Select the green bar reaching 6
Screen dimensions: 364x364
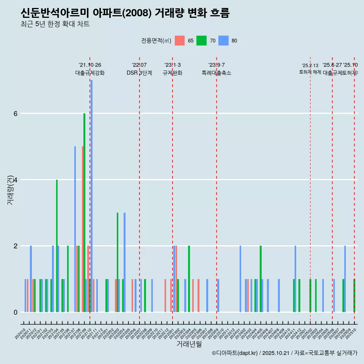pyautogui.click(x=85, y=212)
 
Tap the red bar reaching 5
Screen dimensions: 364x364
pyautogui.click(x=83, y=229)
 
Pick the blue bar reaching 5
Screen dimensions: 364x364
pyautogui.click(x=75, y=229)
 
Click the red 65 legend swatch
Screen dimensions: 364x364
pyautogui.click(x=180, y=41)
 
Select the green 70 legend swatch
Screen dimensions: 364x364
pyautogui.click(x=201, y=41)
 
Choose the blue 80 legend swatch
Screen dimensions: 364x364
pyautogui.click(x=224, y=41)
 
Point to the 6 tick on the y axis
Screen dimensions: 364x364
pyautogui.click(x=15, y=113)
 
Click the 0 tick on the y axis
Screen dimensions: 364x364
pyautogui.click(x=15, y=312)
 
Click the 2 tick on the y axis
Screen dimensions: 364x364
pyautogui.click(x=15, y=246)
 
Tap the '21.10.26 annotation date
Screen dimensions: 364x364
pyautogui.click(x=90, y=65)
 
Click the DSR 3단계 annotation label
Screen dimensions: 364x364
pyautogui.click(x=139, y=73)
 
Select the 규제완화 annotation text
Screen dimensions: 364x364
pyautogui.click(x=173, y=73)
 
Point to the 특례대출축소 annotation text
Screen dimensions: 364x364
pyautogui.click(x=217, y=73)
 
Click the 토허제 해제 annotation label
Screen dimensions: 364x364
pyautogui.click(x=310, y=72)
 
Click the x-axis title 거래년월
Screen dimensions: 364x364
pyautogui.click(x=189, y=344)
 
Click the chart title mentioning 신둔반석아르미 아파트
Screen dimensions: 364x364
pyautogui.click(x=125, y=13)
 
